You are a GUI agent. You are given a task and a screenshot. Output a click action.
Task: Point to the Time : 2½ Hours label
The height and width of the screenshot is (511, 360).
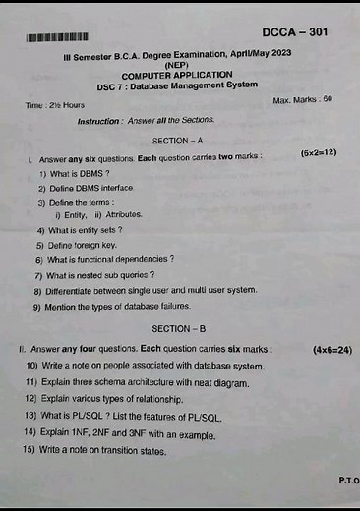click(55, 104)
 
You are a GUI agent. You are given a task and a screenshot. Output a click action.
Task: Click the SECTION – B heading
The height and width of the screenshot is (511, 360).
click(178, 327)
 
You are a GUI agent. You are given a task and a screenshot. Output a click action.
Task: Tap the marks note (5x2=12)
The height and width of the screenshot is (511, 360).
click(319, 153)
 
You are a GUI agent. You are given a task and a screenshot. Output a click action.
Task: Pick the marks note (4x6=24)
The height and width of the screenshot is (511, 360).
click(330, 349)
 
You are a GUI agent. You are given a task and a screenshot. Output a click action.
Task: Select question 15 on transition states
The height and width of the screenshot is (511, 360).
click(96, 451)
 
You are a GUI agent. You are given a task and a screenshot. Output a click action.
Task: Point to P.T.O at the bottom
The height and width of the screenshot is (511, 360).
click(347, 482)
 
